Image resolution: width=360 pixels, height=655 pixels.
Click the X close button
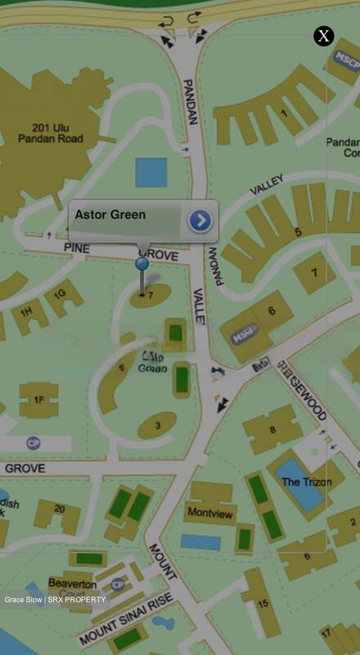pyautogui.click(x=324, y=36)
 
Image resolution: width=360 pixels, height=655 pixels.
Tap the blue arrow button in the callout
pyautogui.click(x=200, y=221)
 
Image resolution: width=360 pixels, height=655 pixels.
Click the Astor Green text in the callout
pyautogui.click(x=110, y=215)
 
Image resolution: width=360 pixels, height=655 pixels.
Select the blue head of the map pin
pyautogui.click(x=142, y=263)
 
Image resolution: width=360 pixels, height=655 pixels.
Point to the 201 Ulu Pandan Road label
pyautogui.click(x=50, y=133)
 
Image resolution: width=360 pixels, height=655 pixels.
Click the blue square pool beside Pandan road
pyautogui.click(x=151, y=172)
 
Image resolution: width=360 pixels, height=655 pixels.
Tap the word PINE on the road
pyautogui.click(x=77, y=248)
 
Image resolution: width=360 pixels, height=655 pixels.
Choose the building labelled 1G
pyautogui.click(x=63, y=296)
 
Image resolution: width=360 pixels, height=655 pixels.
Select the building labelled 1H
pyautogui.click(x=28, y=314)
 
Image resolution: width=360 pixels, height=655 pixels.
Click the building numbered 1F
pyautogui.click(x=39, y=400)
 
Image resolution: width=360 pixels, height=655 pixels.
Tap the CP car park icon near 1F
pyautogui.click(x=33, y=443)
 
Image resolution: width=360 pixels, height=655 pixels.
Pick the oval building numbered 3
pyautogui.click(x=157, y=426)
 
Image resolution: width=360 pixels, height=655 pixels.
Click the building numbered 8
pyautogui.click(x=272, y=429)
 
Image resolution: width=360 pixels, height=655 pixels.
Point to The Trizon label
pyautogui.click(x=306, y=482)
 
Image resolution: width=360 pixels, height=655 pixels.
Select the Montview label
pyautogui.click(x=210, y=513)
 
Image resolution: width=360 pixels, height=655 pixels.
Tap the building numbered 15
pyautogui.click(x=263, y=603)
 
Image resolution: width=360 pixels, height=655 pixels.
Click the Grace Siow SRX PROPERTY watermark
pyautogui.click(x=55, y=600)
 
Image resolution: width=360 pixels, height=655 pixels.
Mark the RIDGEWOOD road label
pyautogui.click(x=302, y=390)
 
